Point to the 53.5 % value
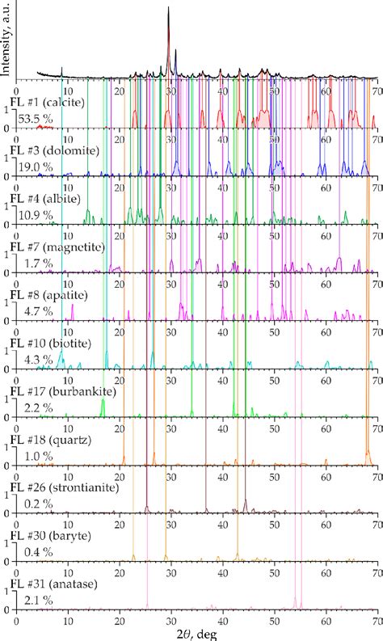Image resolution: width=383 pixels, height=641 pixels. pos(35,120)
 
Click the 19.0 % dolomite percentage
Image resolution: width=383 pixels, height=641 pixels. pos(35,167)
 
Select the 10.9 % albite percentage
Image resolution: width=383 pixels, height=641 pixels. pos(35,215)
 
